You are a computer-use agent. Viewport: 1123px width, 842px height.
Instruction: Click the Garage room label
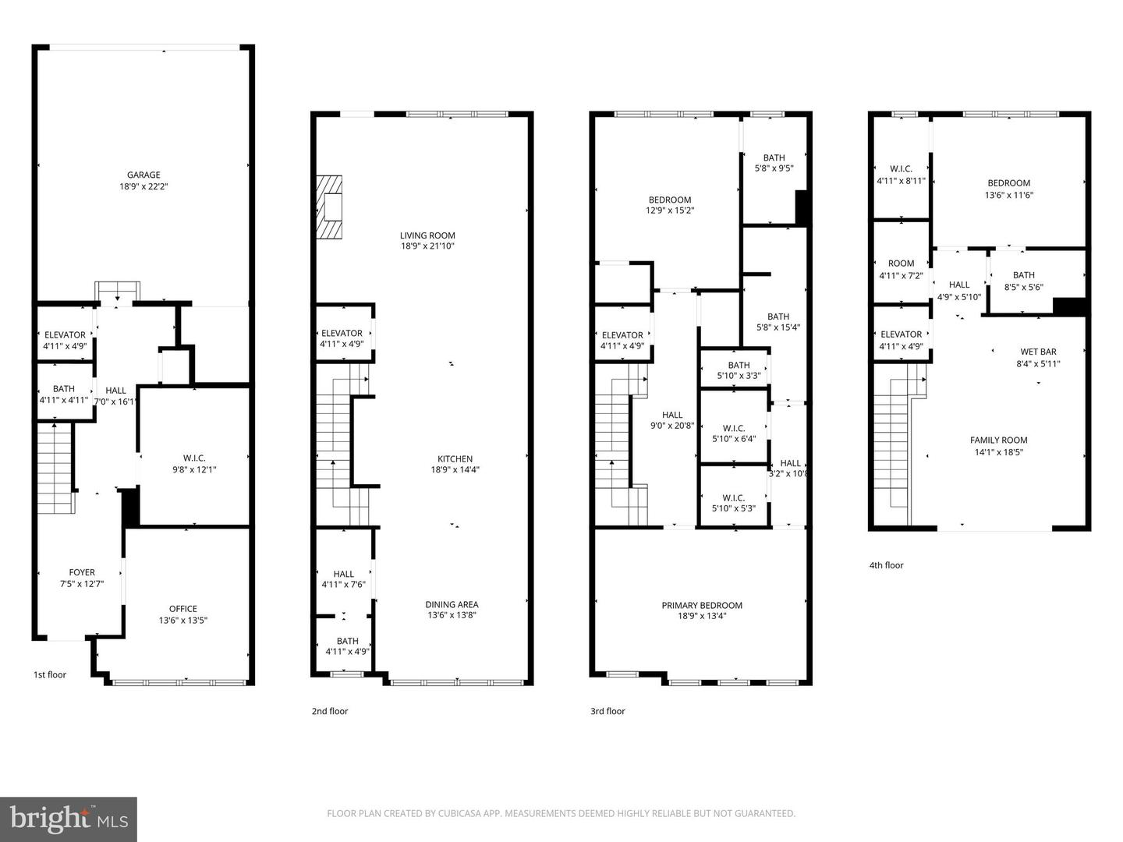pyautogui.click(x=143, y=175)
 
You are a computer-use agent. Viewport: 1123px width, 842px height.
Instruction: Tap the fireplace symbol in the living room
pyautogui.click(x=330, y=207)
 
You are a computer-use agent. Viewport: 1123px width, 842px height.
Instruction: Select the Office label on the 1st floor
pyautogui.click(x=183, y=609)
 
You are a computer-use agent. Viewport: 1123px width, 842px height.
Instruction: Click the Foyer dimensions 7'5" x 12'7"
pyautogui.click(x=82, y=583)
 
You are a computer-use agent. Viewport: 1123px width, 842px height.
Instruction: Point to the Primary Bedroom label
pyautogui.click(x=701, y=605)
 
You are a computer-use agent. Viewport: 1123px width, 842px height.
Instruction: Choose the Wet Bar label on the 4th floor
pyautogui.click(x=1038, y=352)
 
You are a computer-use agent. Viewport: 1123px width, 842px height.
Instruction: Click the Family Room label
pyautogui.click(x=998, y=440)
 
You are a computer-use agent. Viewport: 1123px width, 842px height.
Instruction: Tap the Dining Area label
pyautogui.click(x=452, y=604)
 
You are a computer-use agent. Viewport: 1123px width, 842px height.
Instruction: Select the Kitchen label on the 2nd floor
pyautogui.click(x=455, y=458)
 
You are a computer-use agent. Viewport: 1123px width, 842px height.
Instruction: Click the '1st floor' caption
pyautogui.click(x=50, y=674)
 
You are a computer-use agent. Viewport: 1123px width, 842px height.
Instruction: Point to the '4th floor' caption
pyautogui.click(x=886, y=565)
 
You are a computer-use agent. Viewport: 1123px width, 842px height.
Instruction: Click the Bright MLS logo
pyautogui.click(x=69, y=819)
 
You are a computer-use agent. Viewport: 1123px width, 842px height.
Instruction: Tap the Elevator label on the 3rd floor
pyautogui.click(x=622, y=335)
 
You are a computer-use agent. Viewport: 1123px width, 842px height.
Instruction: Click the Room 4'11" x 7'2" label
pyautogui.click(x=901, y=264)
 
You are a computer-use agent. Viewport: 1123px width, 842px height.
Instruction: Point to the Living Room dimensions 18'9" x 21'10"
pyautogui.click(x=427, y=246)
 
